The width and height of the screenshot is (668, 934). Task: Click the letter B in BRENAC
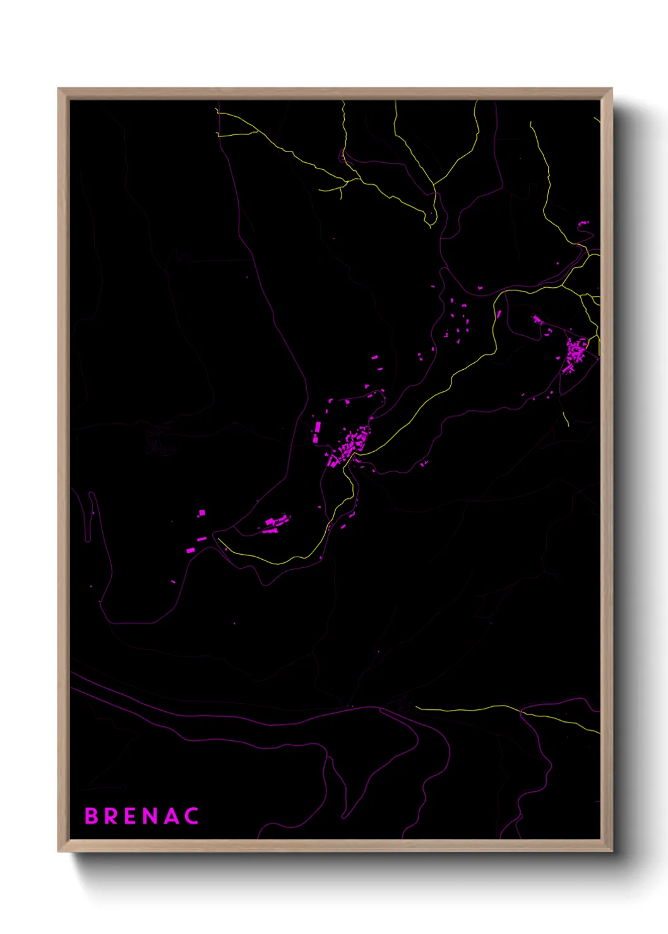tap(92, 816)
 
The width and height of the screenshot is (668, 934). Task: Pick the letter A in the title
tap(171, 816)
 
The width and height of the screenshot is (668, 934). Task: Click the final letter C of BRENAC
tap(192, 816)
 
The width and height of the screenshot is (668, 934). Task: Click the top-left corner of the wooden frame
tap(59, 89)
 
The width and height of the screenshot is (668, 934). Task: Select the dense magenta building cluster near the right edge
tap(576, 350)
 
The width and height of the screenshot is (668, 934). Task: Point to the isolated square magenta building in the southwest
tap(201, 513)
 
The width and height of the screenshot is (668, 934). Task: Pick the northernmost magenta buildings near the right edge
tap(583, 223)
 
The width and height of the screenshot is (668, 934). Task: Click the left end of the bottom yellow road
tap(417, 708)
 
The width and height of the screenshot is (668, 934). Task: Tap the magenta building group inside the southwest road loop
tap(277, 523)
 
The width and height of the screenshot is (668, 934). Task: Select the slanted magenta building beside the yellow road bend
tap(498, 314)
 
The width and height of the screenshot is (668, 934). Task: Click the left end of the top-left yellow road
tap(218, 134)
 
